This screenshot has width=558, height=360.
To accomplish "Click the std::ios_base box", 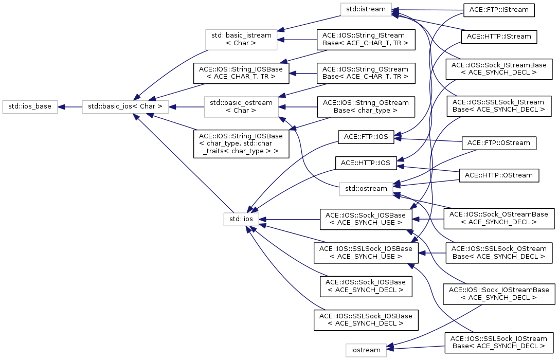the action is click(x=30, y=107).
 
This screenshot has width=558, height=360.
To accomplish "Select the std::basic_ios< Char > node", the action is click(x=125, y=107).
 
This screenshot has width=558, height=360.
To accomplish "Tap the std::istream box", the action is click(x=366, y=9).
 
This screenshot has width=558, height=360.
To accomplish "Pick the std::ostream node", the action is click(x=366, y=189).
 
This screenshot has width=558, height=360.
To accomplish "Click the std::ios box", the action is click(x=241, y=219).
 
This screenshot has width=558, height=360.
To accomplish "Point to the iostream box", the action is click(x=366, y=350).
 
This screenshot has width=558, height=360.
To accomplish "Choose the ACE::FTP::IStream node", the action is click(x=499, y=10).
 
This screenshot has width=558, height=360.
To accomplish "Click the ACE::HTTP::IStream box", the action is click(x=499, y=37).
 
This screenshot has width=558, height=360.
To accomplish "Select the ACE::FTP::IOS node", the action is click(x=366, y=137).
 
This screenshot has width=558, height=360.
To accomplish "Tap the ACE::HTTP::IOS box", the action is click(x=366, y=163).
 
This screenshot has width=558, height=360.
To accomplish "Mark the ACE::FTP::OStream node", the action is click(x=499, y=143).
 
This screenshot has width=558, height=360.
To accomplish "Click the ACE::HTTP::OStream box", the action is click(x=499, y=175).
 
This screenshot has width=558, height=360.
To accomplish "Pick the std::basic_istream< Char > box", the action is click(x=241, y=40).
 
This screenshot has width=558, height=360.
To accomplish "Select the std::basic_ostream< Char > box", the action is click(x=241, y=107).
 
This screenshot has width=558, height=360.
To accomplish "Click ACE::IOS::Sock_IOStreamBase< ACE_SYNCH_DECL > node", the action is click(x=499, y=294).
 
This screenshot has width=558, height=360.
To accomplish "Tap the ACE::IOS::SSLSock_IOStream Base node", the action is click(x=499, y=343).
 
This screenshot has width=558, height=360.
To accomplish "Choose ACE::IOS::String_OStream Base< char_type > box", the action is click(x=366, y=107).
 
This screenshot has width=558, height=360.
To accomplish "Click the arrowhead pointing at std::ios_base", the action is click(x=61, y=107).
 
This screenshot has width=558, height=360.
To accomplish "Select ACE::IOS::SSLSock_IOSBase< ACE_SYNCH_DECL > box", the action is click(x=366, y=320).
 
